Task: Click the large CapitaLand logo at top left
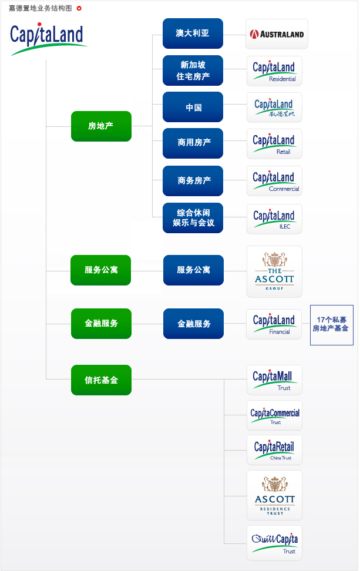48,39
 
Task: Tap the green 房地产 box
101,126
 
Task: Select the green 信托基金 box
101,380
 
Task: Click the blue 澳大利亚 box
193,33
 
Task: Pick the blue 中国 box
193,107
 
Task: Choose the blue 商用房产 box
193,143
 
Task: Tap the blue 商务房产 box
193,180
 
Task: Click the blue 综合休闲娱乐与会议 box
193,218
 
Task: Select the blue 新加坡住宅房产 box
193,70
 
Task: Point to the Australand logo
276,34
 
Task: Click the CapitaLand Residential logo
274,71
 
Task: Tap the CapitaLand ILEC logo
274,219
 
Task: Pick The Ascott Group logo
274,271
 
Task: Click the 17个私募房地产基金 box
331,324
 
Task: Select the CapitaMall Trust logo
274,379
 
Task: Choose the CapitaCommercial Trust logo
274,416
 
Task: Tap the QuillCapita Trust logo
274,543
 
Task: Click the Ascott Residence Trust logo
274,495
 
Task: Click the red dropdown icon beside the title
79,8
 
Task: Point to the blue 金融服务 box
193,324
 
